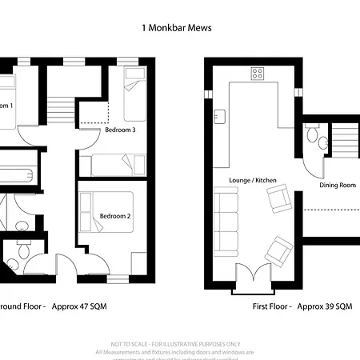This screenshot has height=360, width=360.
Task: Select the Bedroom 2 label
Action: (114, 214)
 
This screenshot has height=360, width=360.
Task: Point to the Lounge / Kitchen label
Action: (252, 181)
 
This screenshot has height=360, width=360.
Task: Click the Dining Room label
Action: (337, 185)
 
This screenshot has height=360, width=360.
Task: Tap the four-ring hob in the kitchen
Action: (258, 74)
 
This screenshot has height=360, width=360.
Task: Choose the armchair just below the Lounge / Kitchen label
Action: (281, 201)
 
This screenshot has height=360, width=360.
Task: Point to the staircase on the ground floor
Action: (59, 103)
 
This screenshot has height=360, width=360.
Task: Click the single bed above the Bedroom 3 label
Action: (134, 95)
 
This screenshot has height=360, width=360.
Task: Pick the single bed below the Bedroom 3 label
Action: (115, 164)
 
